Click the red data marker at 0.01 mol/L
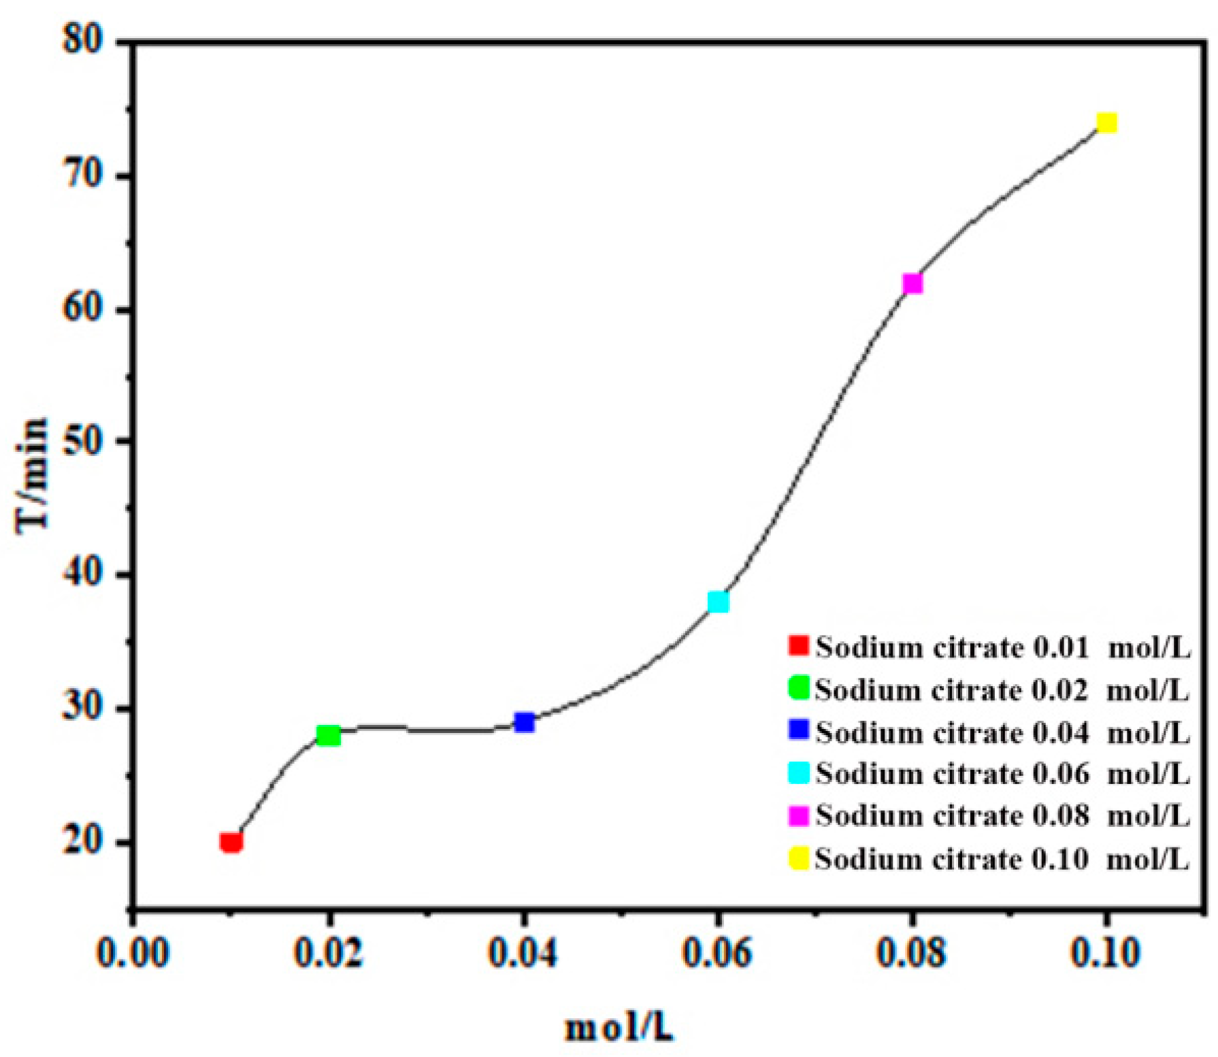[x=231, y=843]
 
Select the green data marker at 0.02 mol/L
[x=329, y=736]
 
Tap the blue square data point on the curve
[x=524, y=722]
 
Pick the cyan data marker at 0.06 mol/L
[x=718, y=602]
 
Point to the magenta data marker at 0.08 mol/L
[x=912, y=283]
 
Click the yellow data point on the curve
[x=1106, y=123]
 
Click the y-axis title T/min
[x=33, y=476]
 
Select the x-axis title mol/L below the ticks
[x=619, y=1028]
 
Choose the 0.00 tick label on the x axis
[x=133, y=953]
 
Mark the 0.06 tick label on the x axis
[x=717, y=953]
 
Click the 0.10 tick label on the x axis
[x=1105, y=953]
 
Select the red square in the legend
[x=798, y=645]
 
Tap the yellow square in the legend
[x=798, y=858]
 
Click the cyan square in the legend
[x=798, y=773]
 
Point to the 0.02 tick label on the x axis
[x=328, y=953]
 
